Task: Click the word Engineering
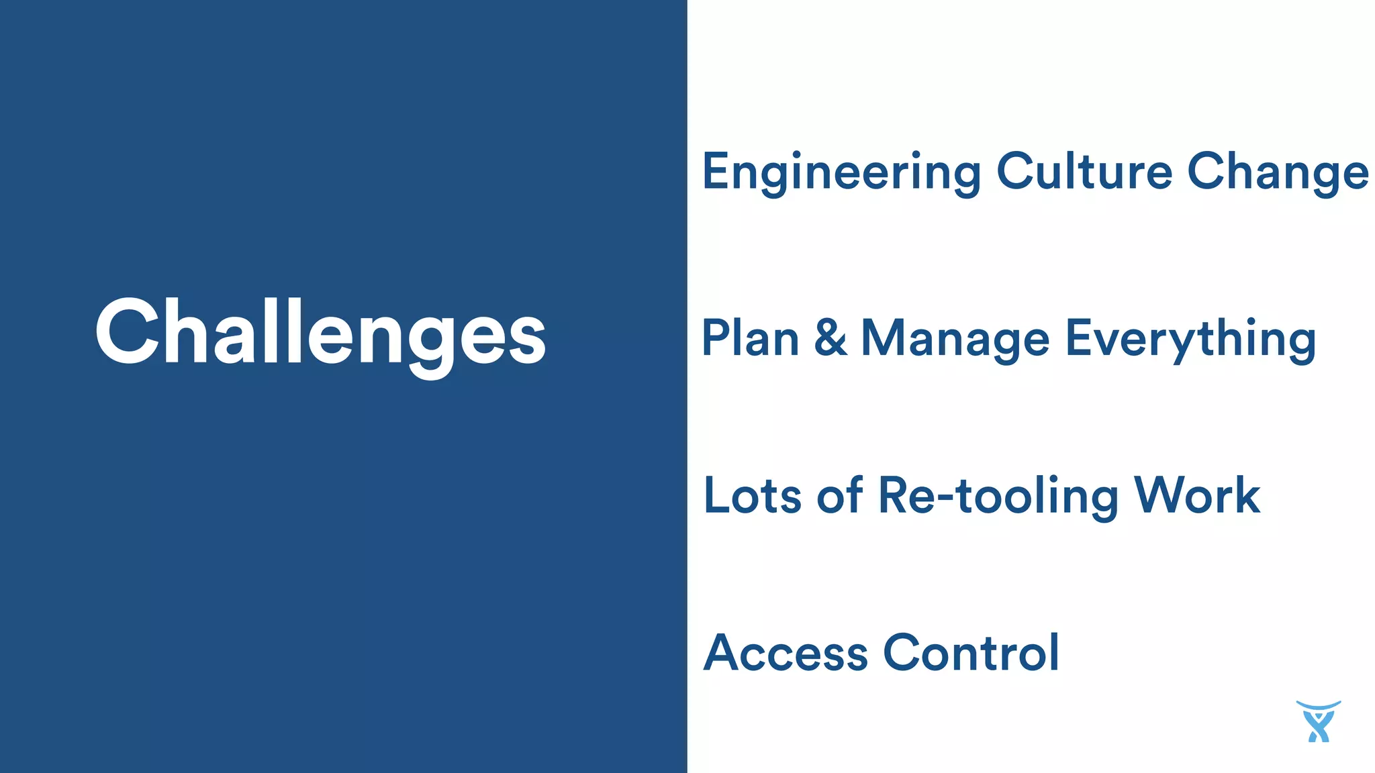pyautogui.click(x=841, y=172)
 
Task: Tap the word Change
pyautogui.click(x=1278, y=172)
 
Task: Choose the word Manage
pyautogui.click(x=955, y=340)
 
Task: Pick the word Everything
pyautogui.click(x=1190, y=340)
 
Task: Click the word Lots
pyautogui.click(x=752, y=497)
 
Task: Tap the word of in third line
pyautogui.click(x=840, y=496)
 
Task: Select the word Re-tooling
pyautogui.click(x=998, y=497)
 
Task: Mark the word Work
pyautogui.click(x=1197, y=497)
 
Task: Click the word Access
pyautogui.click(x=786, y=653)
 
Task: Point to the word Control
pyautogui.click(x=971, y=652)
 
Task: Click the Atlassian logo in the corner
pyautogui.click(x=1318, y=722)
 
